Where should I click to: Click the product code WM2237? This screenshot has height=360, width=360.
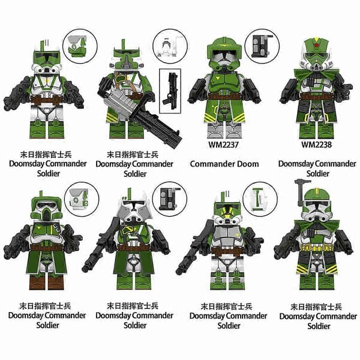coord(223,145)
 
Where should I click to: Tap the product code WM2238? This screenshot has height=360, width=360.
coord(316,145)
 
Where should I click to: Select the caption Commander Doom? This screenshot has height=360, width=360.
coord(224,164)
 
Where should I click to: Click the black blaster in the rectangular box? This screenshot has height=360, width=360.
coord(170,91)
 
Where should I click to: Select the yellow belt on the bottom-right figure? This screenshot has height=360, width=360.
coord(317,248)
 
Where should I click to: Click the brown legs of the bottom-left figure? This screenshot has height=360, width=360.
coord(47,282)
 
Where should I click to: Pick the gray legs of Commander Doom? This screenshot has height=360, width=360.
coord(224,130)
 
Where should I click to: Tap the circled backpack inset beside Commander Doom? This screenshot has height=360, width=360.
coord(262,46)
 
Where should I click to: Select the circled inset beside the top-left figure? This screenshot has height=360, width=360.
coord(80,46)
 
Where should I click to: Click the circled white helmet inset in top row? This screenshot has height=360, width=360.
coord(170,46)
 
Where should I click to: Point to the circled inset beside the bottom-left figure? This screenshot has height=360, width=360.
coord(82,199)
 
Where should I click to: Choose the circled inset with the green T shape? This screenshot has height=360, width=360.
coord(260,199)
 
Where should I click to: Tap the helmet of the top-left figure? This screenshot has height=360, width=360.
coord(47,58)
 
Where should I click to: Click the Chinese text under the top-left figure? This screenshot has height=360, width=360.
coord(46,155)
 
